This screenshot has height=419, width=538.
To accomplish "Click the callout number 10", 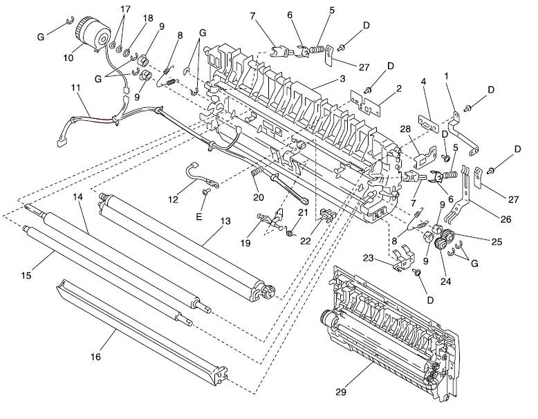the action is point(68,57).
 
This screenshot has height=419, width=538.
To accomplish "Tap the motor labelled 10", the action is point(92,35).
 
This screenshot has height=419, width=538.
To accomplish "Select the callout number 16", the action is point(95,357).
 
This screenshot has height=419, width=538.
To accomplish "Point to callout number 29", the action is point(341,391).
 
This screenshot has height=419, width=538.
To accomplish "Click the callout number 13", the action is point(225,221).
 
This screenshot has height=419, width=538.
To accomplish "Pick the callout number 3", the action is point(342,79).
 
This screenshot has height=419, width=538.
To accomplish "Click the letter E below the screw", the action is point(198,217).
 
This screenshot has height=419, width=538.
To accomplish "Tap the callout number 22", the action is point(305,241).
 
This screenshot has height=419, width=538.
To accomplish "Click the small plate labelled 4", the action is point(429,124).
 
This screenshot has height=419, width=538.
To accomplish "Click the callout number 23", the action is point(369,257).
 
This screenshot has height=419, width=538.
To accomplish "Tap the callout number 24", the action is point(445,281).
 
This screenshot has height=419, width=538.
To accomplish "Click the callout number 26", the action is point(505,219).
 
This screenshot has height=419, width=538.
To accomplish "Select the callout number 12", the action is point(173,198).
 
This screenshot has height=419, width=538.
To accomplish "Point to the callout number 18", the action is point(148,18).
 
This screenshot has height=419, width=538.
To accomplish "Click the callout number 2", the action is point(398,89).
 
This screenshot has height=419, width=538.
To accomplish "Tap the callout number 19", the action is point(245,243).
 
